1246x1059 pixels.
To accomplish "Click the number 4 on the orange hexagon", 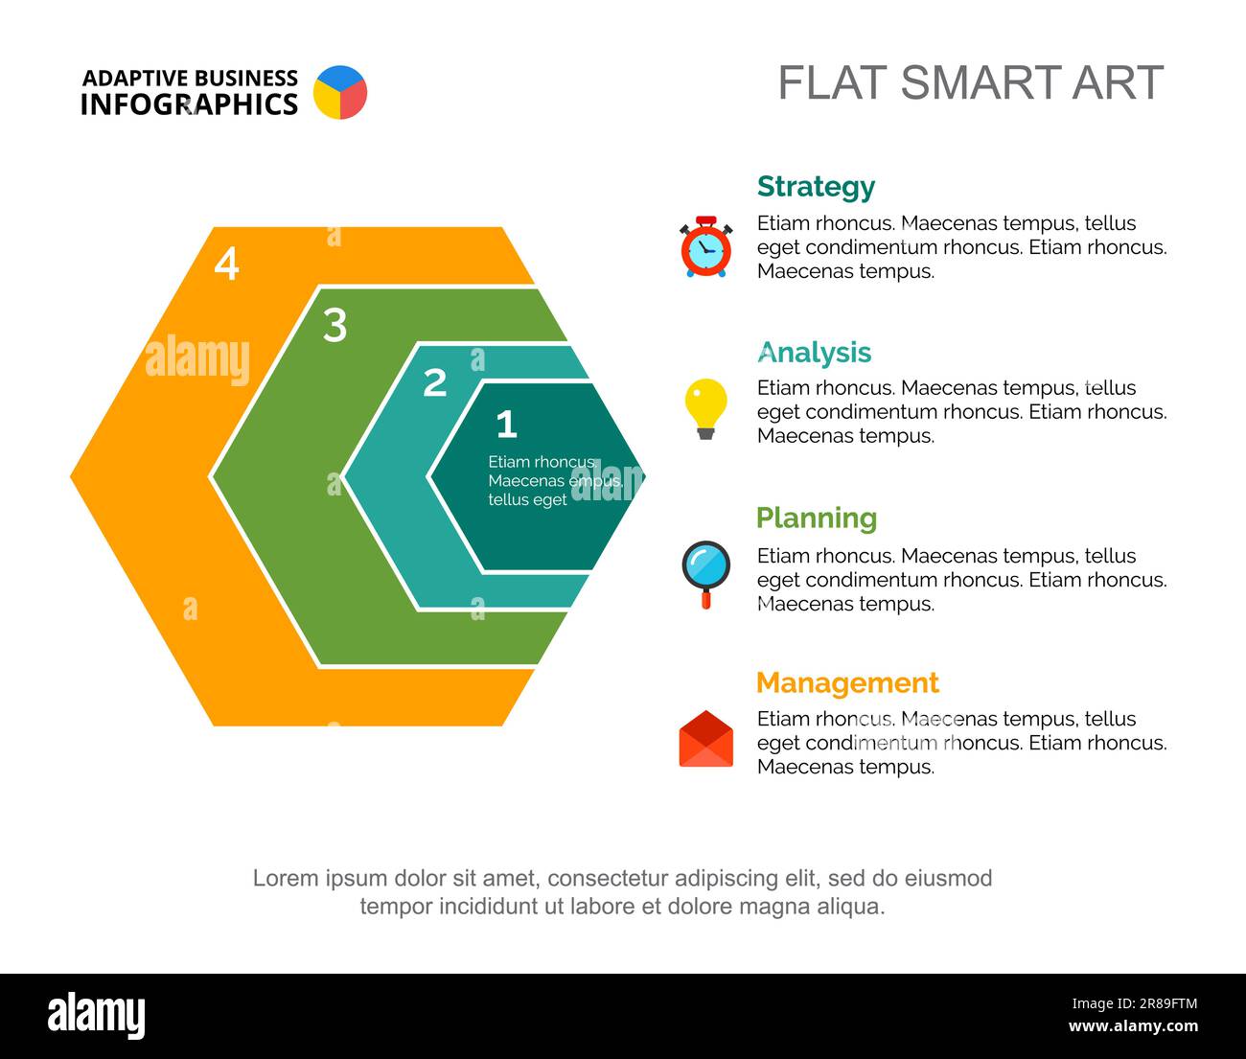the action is (x=226, y=264).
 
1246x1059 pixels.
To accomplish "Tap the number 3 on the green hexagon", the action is (x=335, y=326).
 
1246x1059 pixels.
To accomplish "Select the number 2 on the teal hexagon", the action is (x=434, y=382).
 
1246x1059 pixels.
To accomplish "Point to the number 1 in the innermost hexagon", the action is (x=507, y=424).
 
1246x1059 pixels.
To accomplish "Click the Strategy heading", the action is (x=816, y=188).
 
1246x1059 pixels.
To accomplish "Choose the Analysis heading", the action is (x=814, y=353).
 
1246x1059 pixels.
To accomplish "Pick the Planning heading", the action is (x=817, y=518).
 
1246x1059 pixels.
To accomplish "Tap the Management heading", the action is (x=847, y=683).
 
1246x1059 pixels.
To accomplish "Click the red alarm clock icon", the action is (x=705, y=247).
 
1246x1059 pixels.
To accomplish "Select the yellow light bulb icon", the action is (x=705, y=408).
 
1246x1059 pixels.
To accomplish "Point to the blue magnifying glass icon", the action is (x=705, y=574).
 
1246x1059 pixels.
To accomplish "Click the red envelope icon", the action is (x=705, y=738).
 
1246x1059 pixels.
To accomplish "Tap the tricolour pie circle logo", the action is (x=340, y=92).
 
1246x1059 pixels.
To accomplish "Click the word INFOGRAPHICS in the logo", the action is (x=189, y=104).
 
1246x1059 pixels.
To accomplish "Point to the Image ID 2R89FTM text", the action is (x=1135, y=1003).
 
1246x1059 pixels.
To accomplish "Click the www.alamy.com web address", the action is (x=1133, y=1025).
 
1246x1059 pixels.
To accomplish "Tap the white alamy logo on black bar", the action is (x=97, y=1014).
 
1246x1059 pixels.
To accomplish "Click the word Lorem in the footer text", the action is (x=286, y=878).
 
